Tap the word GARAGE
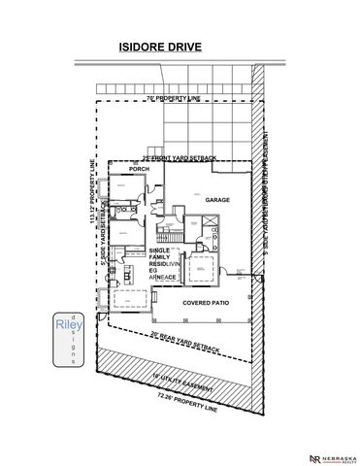point(216,199)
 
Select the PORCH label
point(138,168)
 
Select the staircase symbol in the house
point(169,233)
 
